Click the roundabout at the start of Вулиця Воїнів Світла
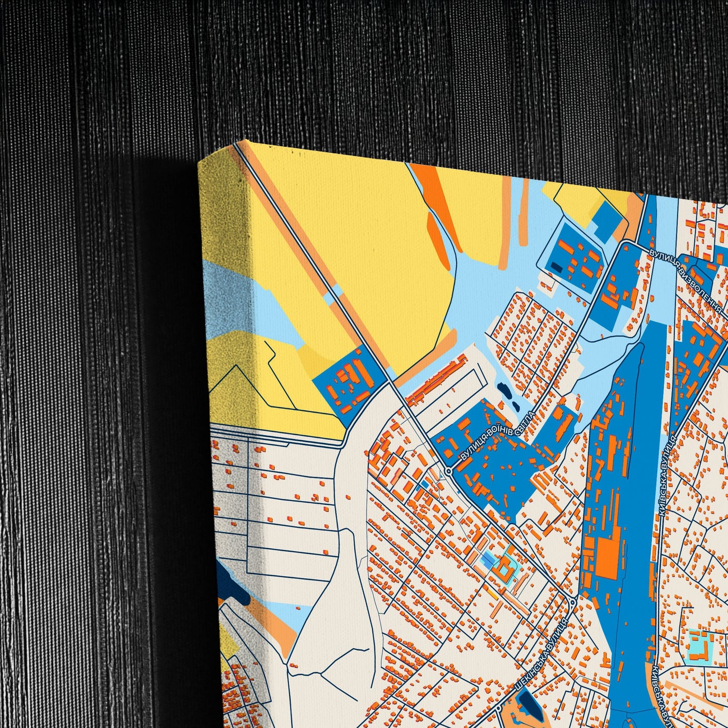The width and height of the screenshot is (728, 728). coord(448,471)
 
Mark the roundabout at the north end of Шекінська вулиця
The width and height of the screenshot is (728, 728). coord(573,602)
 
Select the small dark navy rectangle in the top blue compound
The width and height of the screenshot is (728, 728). coord(556,267)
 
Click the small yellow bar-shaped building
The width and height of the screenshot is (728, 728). coord(492,595)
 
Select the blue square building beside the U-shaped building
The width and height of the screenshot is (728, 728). coord(489,560)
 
